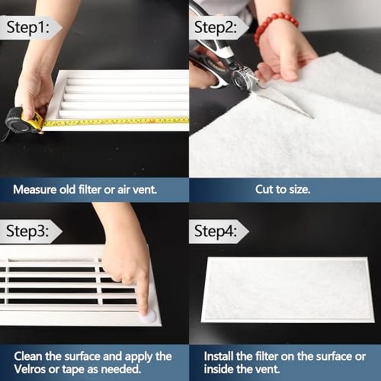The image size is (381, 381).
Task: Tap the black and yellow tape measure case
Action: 22,120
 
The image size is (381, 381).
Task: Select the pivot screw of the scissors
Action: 239,79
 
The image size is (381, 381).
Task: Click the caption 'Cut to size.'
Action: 285,190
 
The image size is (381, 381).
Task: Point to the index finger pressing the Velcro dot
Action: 143,297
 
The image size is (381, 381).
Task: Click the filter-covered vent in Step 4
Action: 287,288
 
